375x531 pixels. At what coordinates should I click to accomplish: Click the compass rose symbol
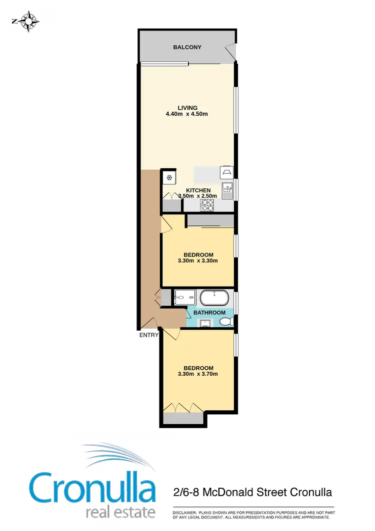pos(29,21)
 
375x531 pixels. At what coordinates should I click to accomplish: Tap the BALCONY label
pos(187,48)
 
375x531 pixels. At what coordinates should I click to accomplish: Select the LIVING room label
pos(187,108)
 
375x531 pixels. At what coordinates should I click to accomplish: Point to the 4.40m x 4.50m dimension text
pos(187,114)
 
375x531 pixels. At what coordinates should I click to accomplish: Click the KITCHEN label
pos(198,190)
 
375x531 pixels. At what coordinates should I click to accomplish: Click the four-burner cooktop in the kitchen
pos(206,204)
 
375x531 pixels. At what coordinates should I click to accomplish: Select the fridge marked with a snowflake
pos(169,177)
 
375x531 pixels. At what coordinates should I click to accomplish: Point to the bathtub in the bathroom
pos(215,299)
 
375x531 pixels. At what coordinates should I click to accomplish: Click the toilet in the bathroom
pos(226,321)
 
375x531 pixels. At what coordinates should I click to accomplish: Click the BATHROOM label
pos(209,313)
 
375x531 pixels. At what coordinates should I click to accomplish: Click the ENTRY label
pos(149,335)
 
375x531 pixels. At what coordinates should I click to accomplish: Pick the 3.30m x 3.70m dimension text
pos(198,374)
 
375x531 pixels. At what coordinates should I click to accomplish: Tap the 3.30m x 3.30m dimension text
pos(198,260)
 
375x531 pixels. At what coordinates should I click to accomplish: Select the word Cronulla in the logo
pos(92,485)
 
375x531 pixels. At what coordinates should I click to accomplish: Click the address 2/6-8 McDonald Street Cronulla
pos(252,492)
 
